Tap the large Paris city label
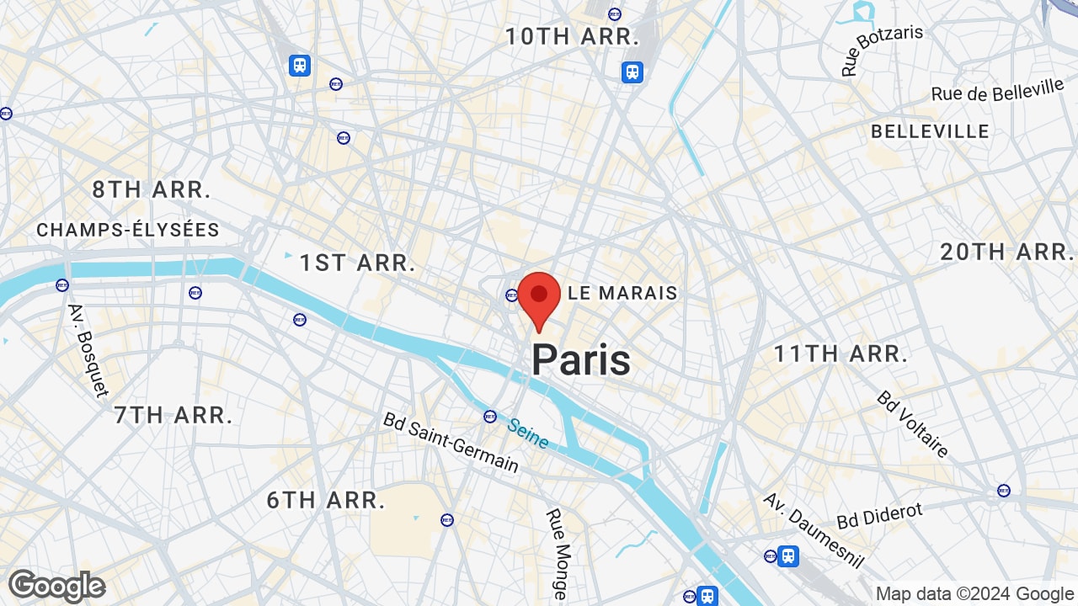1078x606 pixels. click(580, 360)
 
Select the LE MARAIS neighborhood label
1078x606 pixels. click(622, 293)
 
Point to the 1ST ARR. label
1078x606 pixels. click(358, 263)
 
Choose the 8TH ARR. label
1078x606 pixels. click(152, 190)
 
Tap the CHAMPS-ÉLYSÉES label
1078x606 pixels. click(128, 230)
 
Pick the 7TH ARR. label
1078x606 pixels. click(173, 415)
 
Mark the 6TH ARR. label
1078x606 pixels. click(326, 500)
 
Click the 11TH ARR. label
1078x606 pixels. click(841, 353)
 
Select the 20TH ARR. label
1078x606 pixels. click(1007, 252)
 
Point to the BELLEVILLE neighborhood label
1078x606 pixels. click(930, 131)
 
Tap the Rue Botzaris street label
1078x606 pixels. click(882, 50)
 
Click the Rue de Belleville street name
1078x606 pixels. click(998, 91)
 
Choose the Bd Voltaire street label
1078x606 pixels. click(913, 423)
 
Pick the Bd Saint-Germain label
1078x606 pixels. click(451, 442)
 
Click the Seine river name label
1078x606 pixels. click(528, 433)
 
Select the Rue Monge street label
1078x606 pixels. click(557, 553)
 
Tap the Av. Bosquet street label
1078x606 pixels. click(88, 349)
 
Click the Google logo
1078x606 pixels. click(56, 586)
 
